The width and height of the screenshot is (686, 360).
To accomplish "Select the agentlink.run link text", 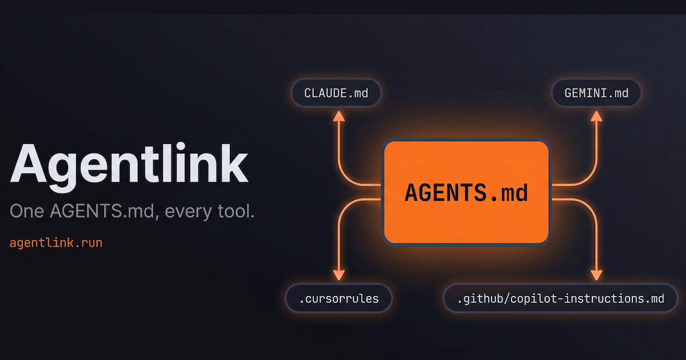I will pyautogui.click(x=56, y=243).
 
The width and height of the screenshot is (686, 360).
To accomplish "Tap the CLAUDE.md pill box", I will pyautogui.click(x=336, y=93).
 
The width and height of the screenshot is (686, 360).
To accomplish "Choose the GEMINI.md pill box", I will pyautogui.click(x=596, y=93).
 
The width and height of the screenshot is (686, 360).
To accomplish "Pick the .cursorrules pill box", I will pyautogui.click(x=340, y=298).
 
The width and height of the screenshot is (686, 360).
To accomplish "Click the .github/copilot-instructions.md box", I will pyautogui.click(x=561, y=298).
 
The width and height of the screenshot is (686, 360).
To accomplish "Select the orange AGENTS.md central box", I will pyautogui.click(x=466, y=193).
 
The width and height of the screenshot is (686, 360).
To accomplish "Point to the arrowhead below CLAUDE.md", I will pyautogui.click(x=338, y=117).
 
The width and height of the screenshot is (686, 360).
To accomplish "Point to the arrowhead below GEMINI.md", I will pyautogui.click(x=596, y=117).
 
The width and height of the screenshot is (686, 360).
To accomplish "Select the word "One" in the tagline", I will pyautogui.click(x=27, y=212).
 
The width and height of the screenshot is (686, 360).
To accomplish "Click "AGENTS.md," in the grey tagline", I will pyautogui.click(x=106, y=212).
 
